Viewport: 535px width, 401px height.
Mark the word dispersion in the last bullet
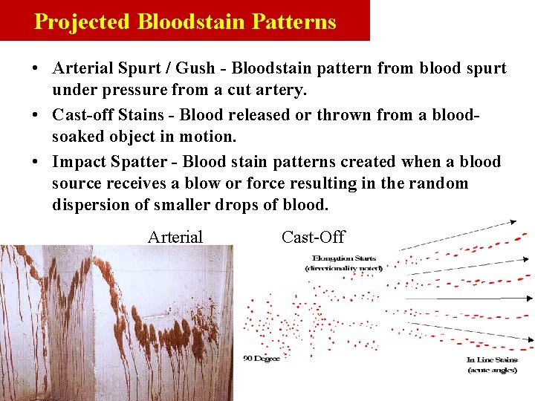91,204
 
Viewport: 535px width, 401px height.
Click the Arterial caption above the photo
175,238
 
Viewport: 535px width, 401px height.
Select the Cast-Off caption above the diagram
313,238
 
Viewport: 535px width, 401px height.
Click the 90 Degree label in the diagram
261,359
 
